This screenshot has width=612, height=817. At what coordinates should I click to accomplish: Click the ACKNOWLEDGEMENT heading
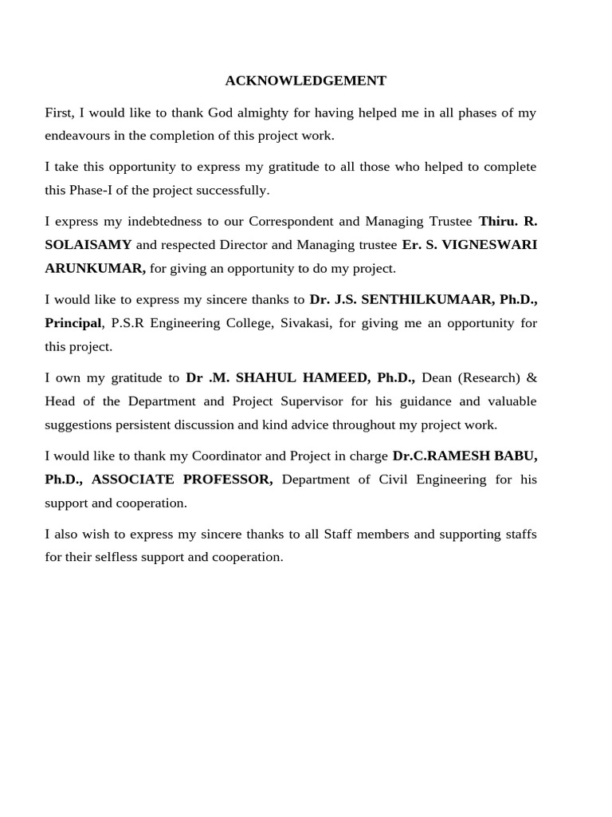point(305,81)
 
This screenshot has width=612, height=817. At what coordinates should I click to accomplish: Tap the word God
point(221,112)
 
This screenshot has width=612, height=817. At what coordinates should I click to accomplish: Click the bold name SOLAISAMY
point(88,245)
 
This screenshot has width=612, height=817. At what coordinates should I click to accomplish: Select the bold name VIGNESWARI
point(489,245)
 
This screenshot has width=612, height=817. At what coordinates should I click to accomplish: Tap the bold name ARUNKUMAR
point(95,268)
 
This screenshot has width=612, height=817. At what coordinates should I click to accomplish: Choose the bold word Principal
point(73,323)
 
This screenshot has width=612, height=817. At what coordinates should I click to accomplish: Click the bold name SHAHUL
point(271,377)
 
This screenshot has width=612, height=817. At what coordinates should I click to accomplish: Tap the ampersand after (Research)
point(532,377)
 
